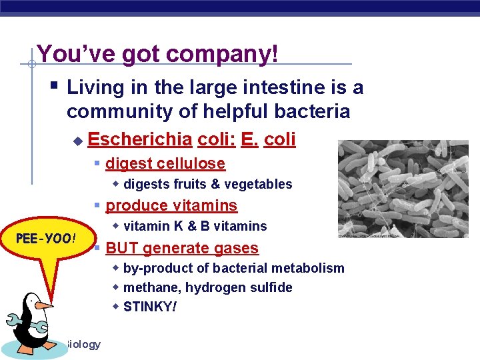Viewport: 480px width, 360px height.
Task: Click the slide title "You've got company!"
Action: click(x=157, y=53)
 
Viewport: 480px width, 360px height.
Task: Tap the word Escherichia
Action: click(x=139, y=139)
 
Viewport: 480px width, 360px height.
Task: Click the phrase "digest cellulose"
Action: click(x=165, y=163)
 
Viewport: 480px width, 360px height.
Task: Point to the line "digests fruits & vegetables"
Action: click(x=207, y=184)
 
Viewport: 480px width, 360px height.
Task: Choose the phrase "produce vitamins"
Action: click(x=171, y=205)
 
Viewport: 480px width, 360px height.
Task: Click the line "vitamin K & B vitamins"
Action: click(x=195, y=226)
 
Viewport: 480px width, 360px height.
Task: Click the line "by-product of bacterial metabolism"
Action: click(x=233, y=268)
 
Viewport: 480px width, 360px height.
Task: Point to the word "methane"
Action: click(x=147, y=287)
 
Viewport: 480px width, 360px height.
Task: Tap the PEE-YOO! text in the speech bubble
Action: click(x=46, y=239)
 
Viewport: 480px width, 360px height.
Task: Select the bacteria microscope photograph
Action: click(x=403, y=189)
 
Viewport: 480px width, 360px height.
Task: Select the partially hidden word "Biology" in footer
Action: click(x=83, y=344)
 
